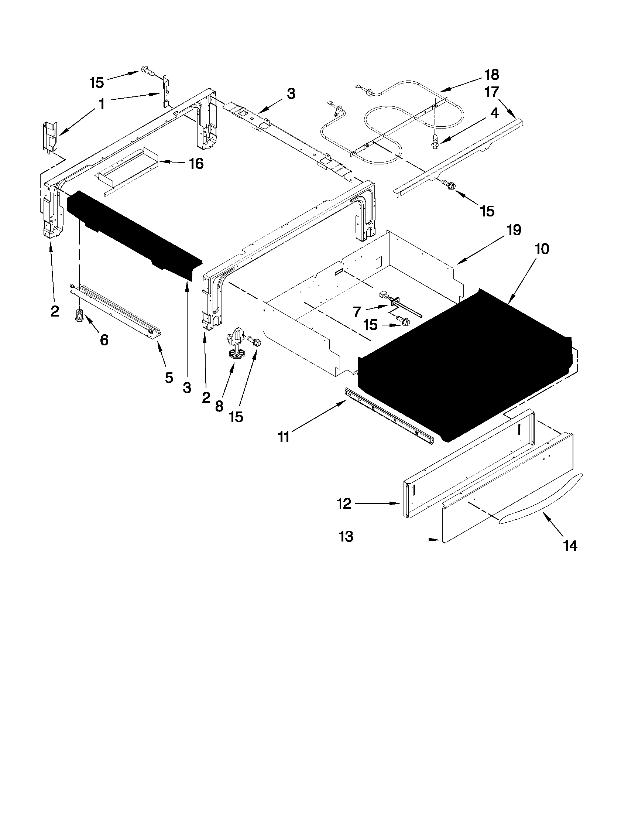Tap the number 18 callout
(491, 75)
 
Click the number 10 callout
(542, 249)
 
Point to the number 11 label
(284, 437)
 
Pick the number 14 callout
(570, 546)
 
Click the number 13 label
(346, 536)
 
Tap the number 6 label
(104, 339)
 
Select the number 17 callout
(491, 92)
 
